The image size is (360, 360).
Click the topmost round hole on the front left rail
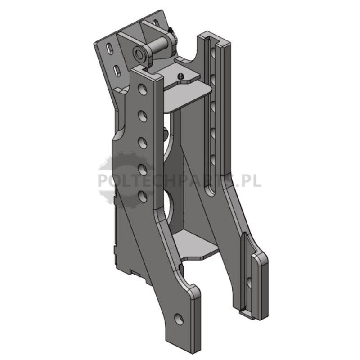click(143, 90)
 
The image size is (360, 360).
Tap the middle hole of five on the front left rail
click(143, 142)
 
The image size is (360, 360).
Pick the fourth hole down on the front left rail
click(143, 170)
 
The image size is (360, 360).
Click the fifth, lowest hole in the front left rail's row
click(143, 196)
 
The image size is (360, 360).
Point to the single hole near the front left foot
click(179, 319)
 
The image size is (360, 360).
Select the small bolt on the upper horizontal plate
click(181, 76)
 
